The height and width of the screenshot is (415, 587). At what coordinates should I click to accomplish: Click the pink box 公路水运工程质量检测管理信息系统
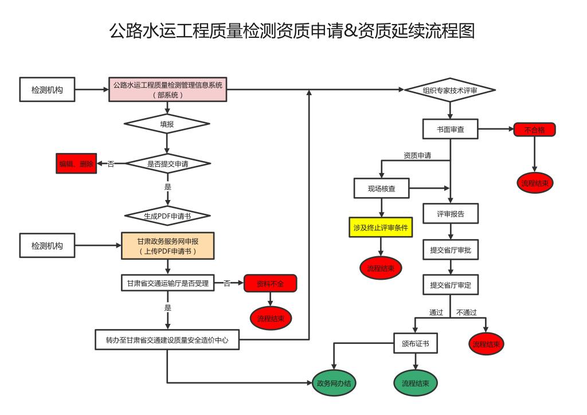pos(167,90)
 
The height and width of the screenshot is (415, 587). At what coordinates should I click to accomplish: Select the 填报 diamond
pos(167,124)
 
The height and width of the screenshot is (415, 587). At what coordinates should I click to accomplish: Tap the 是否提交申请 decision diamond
pos(167,164)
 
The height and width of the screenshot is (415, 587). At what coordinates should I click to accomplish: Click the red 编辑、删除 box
pos(76,164)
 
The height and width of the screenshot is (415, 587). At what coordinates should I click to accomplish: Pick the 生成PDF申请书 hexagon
pos(167,216)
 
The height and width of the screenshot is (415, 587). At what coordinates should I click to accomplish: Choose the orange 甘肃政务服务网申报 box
pos(167,246)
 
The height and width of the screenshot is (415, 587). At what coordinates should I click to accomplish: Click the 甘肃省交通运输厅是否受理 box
pos(167,283)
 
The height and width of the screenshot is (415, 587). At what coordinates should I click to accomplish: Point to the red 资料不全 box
pos(270,283)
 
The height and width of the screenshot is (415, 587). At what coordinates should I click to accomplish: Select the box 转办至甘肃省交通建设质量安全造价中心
pos(167,339)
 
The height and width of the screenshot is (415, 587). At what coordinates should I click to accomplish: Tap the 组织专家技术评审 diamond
pos(450,91)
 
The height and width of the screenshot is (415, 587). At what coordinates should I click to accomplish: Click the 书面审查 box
pos(450,130)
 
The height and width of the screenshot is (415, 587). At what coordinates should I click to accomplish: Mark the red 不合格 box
pos(534,130)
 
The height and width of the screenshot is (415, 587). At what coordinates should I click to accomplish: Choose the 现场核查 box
pos(382,188)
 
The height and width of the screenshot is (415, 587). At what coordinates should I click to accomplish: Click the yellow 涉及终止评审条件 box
pos(381,228)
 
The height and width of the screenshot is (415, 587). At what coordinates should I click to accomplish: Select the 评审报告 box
pos(451,214)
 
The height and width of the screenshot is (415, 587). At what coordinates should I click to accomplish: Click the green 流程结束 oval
pos(416,383)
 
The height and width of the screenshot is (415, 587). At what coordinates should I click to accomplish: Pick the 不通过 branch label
pos(467,312)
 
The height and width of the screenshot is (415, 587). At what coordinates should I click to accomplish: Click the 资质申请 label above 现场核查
pos(417,155)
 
